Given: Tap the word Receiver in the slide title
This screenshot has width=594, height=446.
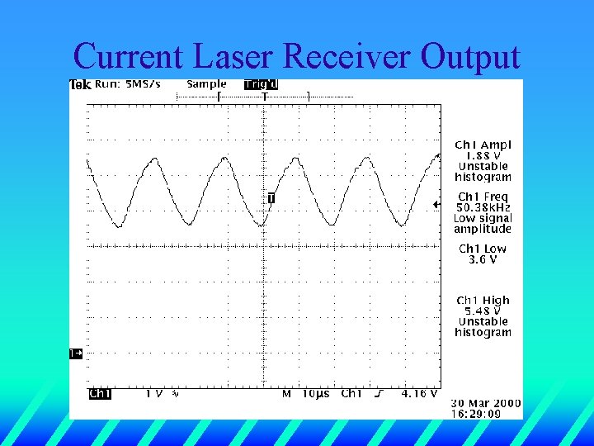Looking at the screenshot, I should click(346, 56).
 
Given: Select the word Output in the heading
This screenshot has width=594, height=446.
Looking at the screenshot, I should click(470, 56).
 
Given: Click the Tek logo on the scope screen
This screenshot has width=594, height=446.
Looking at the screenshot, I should click(79, 84).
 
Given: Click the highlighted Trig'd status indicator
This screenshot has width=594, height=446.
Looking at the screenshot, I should click(261, 84).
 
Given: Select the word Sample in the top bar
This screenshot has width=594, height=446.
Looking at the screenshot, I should click(206, 84).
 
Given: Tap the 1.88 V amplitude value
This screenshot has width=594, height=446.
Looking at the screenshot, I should click(483, 155).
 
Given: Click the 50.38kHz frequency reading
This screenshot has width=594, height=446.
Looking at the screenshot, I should click(484, 207).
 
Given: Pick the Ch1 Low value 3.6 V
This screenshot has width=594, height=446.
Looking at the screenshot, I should click(483, 259).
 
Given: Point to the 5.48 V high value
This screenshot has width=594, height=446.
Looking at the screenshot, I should click(483, 311).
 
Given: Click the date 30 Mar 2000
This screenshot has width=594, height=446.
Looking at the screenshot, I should click(486, 403).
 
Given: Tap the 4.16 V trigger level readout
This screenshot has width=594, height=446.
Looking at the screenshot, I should click(420, 394).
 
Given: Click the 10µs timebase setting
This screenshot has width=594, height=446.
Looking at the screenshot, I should click(314, 394).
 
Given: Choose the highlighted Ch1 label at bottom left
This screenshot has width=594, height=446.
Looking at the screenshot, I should click(100, 394).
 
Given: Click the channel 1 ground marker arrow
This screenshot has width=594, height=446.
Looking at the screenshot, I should click(76, 353).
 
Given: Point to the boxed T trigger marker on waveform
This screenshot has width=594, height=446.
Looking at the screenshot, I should click(271, 198).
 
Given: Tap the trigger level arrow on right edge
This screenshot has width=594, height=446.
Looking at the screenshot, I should click(436, 204).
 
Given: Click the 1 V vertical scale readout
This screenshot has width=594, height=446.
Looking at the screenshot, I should click(154, 394).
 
